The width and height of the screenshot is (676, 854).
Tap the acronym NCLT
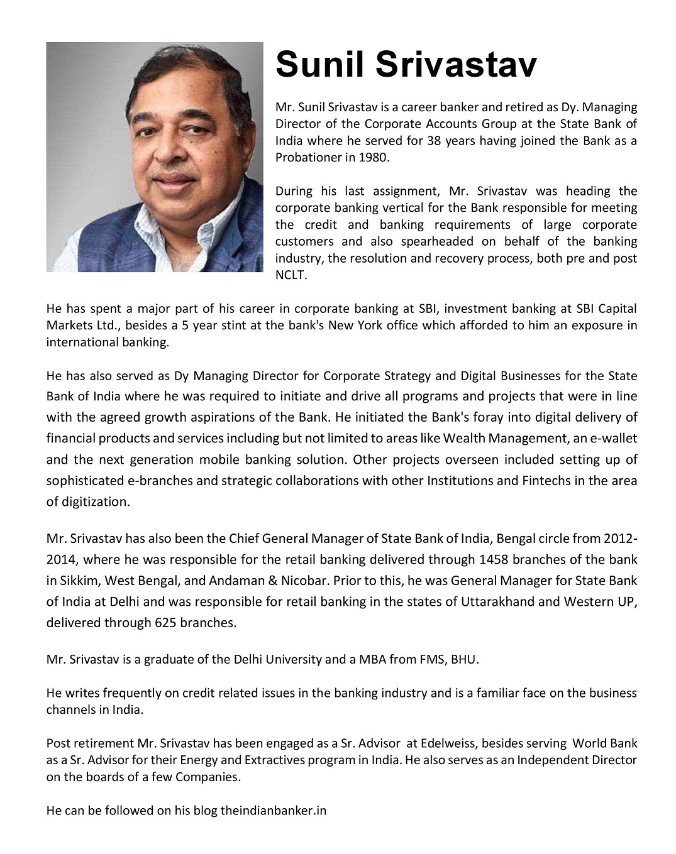tap(291, 275)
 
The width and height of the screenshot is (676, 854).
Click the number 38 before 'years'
tap(434, 141)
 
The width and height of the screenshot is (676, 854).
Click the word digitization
tap(96, 501)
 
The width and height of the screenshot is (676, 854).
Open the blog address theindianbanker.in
tap(273, 811)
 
